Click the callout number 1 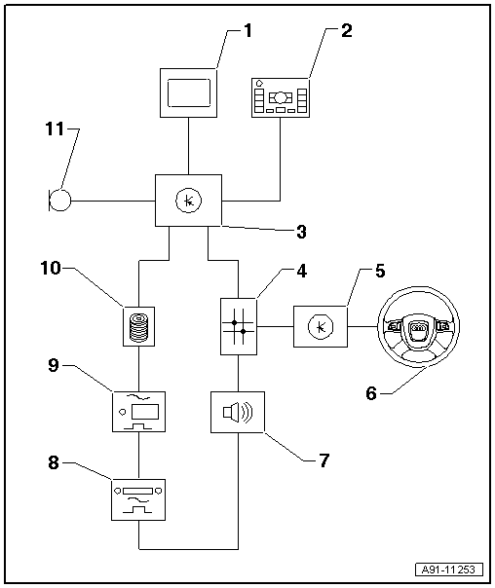tap(247, 30)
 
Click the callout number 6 tap(369, 393)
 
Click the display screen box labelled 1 tap(189, 94)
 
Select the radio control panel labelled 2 tap(280, 98)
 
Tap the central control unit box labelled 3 tap(189, 201)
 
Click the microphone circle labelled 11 tap(60, 202)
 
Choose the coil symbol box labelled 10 tap(141, 323)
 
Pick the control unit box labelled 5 tap(321, 325)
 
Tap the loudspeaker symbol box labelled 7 tap(238, 413)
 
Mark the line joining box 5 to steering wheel tap(363, 325)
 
